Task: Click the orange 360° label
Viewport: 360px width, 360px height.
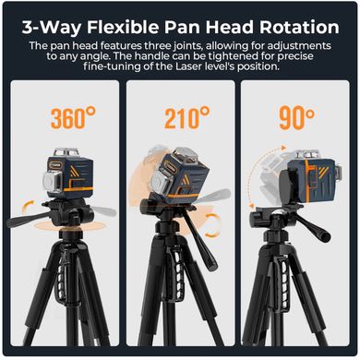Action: pyautogui.click(x=73, y=118)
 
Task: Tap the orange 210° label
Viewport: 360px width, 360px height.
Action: pyautogui.click(x=187, y=118)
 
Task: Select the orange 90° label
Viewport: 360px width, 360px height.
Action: pyautogui.click(x=296, y=118)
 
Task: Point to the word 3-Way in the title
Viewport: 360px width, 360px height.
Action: pyautogui.click(x=52, y=28)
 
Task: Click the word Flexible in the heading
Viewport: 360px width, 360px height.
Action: pyautogui.click(x=123, y=27)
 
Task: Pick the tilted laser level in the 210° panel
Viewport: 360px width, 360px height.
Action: pyautogui.click(x=179, y=174)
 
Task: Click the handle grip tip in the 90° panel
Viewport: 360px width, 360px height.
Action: pyautogui.click(x=324, y=236)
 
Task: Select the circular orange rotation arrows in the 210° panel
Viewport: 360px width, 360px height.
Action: pyautogui.click(x=211, y=225)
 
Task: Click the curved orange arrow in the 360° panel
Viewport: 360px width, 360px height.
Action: pyautogui.click(x=30, y=204)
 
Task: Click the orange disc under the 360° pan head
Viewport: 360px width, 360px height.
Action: pyautogui.click(x=70, y=226)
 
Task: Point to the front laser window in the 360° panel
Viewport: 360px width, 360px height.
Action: pyautogui.click(x=53, y=181)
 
